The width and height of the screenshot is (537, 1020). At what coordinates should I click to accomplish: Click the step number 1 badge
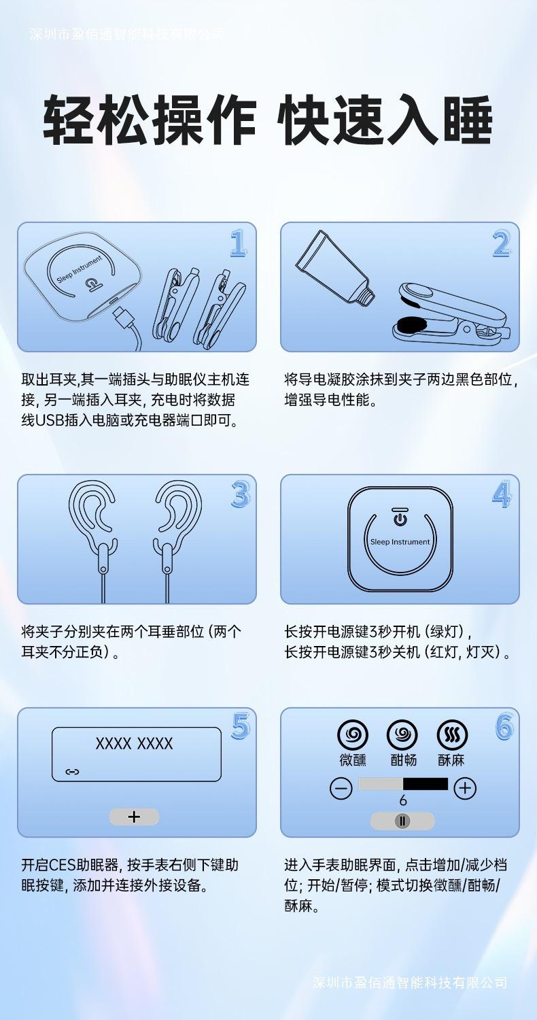pos(239,243)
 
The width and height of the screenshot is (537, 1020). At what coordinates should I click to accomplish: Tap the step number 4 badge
pos(502,494)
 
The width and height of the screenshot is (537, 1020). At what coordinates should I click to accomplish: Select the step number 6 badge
pos(504,726)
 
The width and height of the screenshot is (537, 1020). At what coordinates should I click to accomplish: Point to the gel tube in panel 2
pos(335,268)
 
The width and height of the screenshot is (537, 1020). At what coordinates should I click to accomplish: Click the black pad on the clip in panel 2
pos(412,324)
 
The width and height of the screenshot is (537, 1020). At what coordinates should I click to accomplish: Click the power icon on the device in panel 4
pos(400,519)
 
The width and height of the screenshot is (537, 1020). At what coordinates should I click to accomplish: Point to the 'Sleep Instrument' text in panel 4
pos(400,542)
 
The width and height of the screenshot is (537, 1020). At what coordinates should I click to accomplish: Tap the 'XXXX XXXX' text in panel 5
pos(135,744)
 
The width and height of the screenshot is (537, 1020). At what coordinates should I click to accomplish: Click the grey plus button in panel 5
pos(135,817)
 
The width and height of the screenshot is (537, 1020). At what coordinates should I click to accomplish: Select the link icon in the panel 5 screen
pos(72,771)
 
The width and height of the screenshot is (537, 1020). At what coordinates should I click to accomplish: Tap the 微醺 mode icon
pos(353,734)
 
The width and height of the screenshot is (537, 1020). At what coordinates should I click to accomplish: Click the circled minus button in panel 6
pos(341,788)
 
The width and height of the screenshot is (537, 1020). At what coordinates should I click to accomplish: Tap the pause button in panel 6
pos(402,821)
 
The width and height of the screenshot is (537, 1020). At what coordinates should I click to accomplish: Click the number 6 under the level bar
pos(402,800)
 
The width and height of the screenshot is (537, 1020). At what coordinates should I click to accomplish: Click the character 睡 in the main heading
pos(468,120)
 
